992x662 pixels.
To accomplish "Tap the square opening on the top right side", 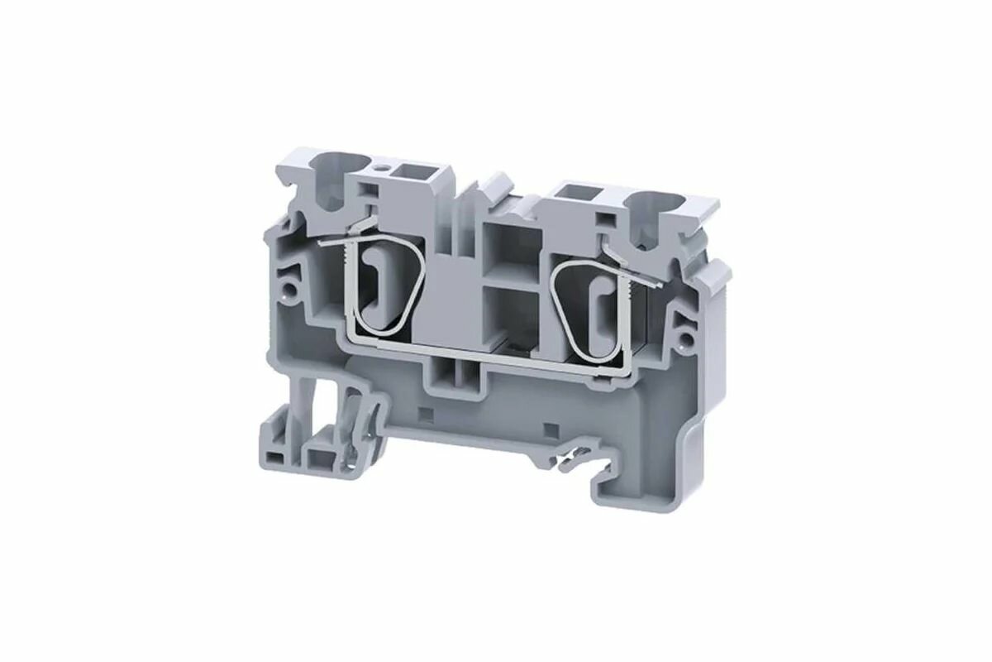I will point(570,194).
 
